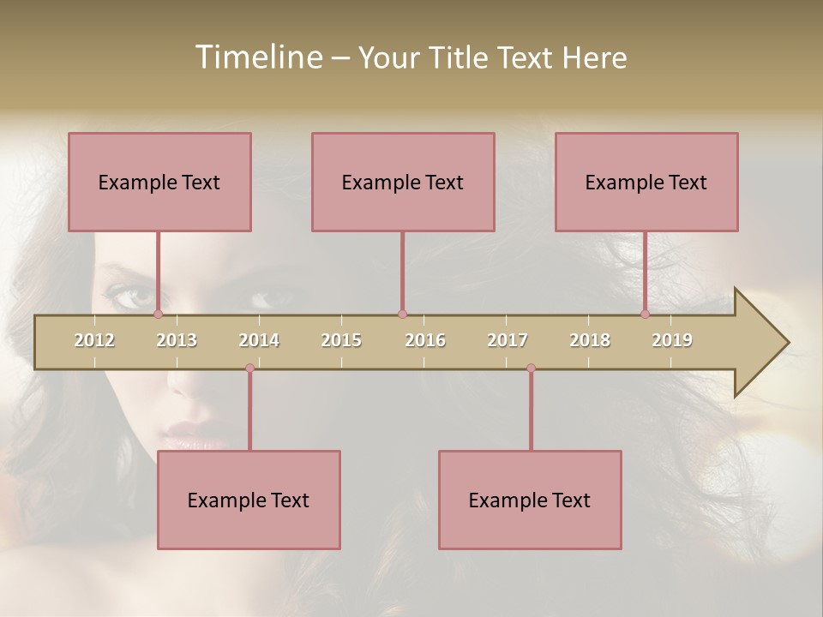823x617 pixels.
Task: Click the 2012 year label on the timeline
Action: point(94,340)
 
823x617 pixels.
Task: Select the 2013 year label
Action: point(177,340)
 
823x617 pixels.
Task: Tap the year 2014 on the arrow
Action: point(259,340)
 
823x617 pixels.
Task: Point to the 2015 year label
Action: point(341,340)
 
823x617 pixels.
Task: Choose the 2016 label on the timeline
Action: point(425,340)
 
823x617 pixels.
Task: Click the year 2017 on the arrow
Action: point(508,340)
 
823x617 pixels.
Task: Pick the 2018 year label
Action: point(590,340)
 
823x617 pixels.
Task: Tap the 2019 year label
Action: point(672,340)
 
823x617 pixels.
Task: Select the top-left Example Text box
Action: point(159,182)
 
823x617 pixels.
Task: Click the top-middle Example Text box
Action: point(403,182)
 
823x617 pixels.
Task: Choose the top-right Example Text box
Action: point(646,182)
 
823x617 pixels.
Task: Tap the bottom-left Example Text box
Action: point(249,500)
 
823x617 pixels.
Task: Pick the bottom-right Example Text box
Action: point(530,500)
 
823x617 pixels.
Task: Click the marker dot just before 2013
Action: point(158,314)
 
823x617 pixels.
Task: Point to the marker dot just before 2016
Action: point(402,314)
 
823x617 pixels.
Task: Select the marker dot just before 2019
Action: point(645,314)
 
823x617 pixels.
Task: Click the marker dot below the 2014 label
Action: point(249,368)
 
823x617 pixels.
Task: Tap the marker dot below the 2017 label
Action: point(531,368)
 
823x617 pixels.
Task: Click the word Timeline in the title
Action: point(257,57)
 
